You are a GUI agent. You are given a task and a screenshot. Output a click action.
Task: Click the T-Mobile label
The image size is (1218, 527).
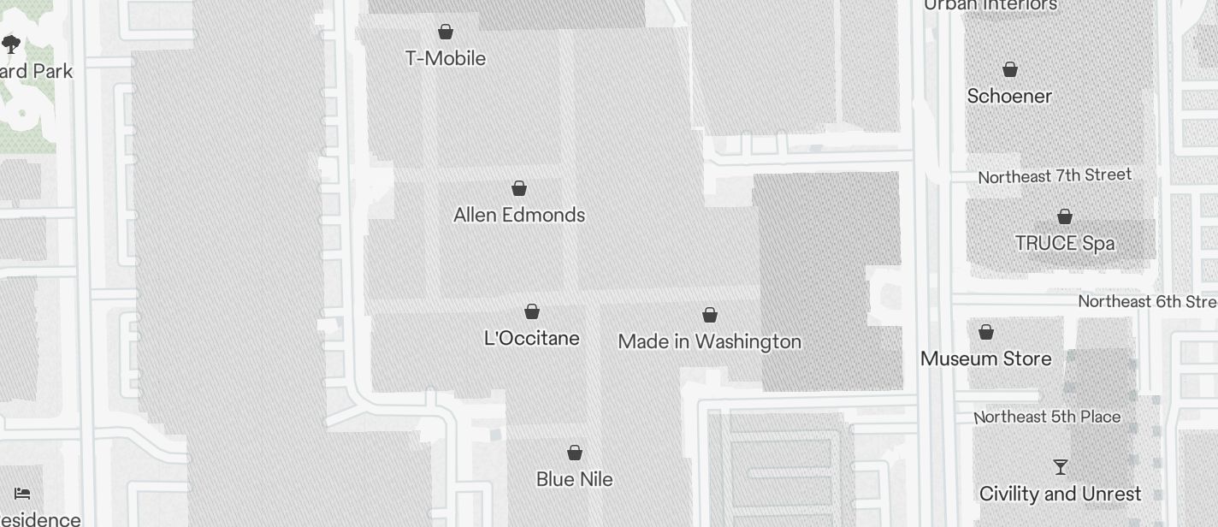[x=446, y=58]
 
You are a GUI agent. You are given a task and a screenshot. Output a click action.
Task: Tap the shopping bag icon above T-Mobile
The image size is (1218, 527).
[x=446, y=33]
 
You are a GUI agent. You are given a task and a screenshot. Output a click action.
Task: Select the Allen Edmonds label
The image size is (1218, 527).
[x=519, y=215]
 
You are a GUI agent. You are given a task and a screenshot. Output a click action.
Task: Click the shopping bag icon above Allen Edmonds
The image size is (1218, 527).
[x=519, y=188]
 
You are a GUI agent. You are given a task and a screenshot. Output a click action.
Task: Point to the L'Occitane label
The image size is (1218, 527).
[x=532, y=338]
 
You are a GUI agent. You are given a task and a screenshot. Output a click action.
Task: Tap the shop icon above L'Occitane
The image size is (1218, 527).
[x=532, y=311]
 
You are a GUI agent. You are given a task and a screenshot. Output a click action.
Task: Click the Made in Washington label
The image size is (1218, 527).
[x=709, y=341]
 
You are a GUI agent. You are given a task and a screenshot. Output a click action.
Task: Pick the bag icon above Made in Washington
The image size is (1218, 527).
[x=710, y=315]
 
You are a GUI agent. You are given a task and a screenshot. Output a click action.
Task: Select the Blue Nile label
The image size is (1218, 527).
[x=575, y=479]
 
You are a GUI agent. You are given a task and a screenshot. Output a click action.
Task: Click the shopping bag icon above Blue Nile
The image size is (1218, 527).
[x=575, y=453]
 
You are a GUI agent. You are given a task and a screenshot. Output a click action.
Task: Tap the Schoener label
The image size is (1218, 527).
[x=1009, y=96]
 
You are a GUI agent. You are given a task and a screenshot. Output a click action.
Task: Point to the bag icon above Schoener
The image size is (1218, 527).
[x=1010, y=69]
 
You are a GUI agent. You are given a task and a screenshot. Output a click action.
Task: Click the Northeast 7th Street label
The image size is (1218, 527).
[x=1055, y=176]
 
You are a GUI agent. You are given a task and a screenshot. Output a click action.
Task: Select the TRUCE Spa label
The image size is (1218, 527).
[x=1065, y=243]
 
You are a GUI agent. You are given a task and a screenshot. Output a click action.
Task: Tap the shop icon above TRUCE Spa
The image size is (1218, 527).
[x=1065, y=216]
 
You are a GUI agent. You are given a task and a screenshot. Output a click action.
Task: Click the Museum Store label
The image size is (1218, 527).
[x=986, y=358]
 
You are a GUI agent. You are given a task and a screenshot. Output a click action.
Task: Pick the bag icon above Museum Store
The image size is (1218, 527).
[x=986, y=332]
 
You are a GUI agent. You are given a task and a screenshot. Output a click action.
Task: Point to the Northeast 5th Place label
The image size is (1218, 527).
[x=1048, y=417]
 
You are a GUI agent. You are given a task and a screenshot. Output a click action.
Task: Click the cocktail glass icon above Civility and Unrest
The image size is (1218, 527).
[x=1061, y=467]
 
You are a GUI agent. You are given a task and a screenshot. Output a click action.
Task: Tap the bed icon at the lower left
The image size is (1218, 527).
[x=23, y=494]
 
